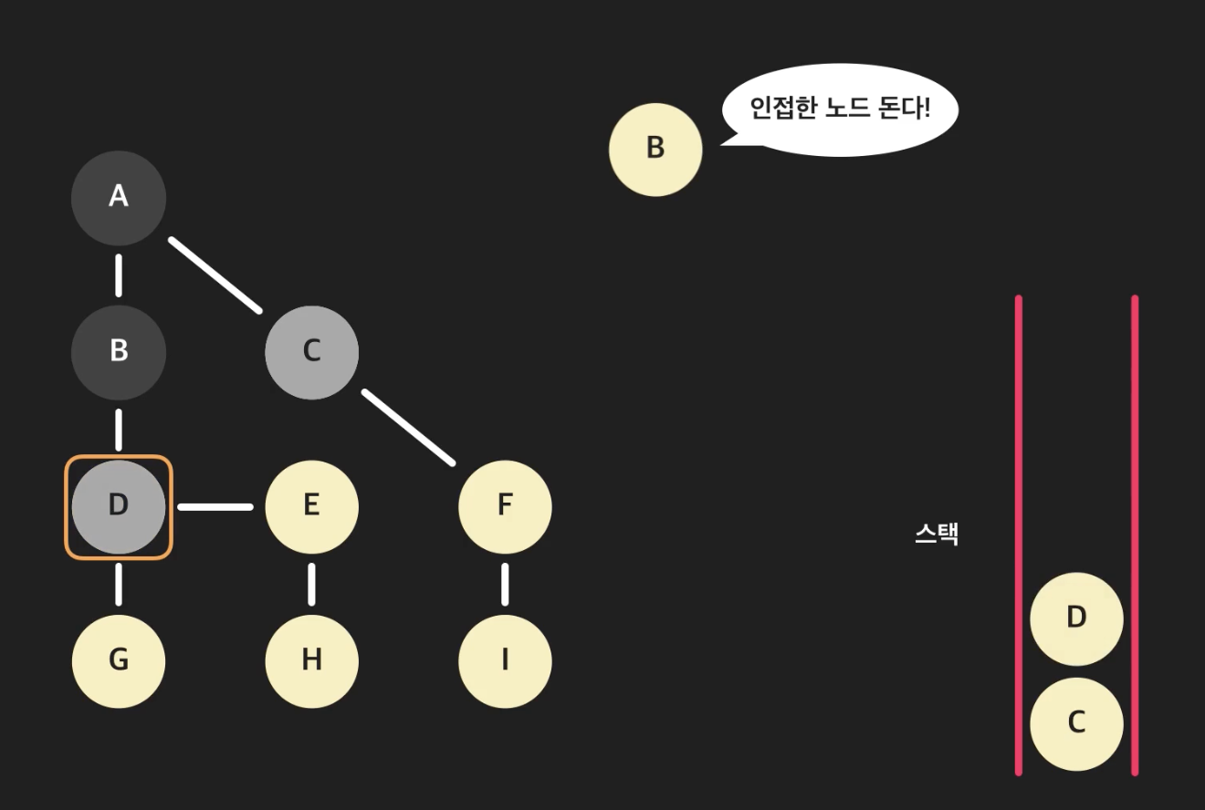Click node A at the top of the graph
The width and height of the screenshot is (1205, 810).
(x=119, y=197)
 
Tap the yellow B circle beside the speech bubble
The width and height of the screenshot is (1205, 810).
(x=655, y=149)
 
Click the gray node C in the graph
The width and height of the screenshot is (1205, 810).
(x=312, y=352)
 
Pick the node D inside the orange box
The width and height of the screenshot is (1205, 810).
(x=119, y=506)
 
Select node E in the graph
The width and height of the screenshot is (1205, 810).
(x=312, y=506)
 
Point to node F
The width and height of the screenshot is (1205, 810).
(x=505, y=506)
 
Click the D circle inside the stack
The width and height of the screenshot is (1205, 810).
(x=1076, y=618)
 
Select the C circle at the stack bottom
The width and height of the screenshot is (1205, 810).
(x=1076, y=723)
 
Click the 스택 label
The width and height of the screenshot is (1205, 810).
(x=937, y=535)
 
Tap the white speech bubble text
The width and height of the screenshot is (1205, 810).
(x=839, y=109)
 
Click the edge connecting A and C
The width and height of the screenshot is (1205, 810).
(x=215, y=275)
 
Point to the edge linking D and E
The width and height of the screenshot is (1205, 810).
(x=215, y=506)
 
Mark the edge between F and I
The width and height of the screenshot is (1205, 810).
(x=505, y=585)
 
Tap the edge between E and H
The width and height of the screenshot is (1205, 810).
(x=312, y=585)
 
